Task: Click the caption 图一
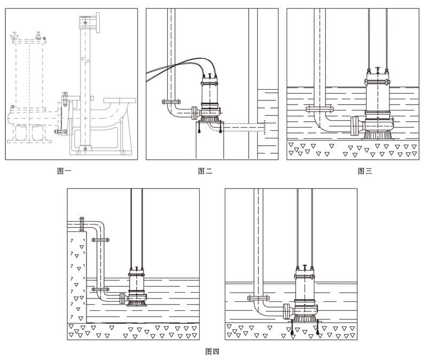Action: click(x=64, y=171)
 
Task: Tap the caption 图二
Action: click(x=205, y=171)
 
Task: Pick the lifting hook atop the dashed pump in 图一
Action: click(x=15, y=36)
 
